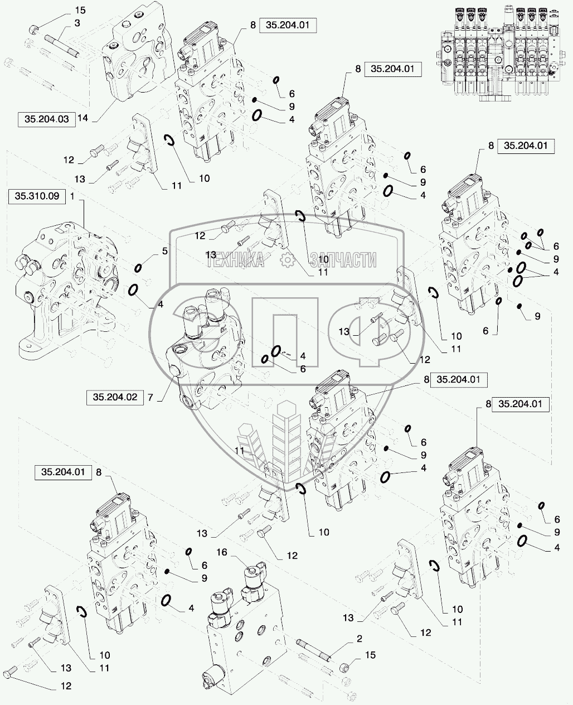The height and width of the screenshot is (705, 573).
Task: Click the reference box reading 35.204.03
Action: [47, 119]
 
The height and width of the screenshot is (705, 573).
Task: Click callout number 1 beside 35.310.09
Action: [72, 196]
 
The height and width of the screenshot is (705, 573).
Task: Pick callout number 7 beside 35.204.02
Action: [149, 397]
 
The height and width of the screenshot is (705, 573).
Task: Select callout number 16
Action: [222, 552]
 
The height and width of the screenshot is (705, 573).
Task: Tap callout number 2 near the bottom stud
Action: [359, 638]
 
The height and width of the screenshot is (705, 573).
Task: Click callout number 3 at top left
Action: [77, 23]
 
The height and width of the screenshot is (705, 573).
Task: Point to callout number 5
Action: [164, 251]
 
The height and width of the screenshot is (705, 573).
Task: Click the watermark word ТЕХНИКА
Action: [235, 259]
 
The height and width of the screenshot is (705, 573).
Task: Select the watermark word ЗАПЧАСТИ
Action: [342, 259]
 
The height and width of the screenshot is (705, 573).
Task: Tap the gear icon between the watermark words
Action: [286, 259]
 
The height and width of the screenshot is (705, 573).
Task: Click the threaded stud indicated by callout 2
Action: [315, 650]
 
